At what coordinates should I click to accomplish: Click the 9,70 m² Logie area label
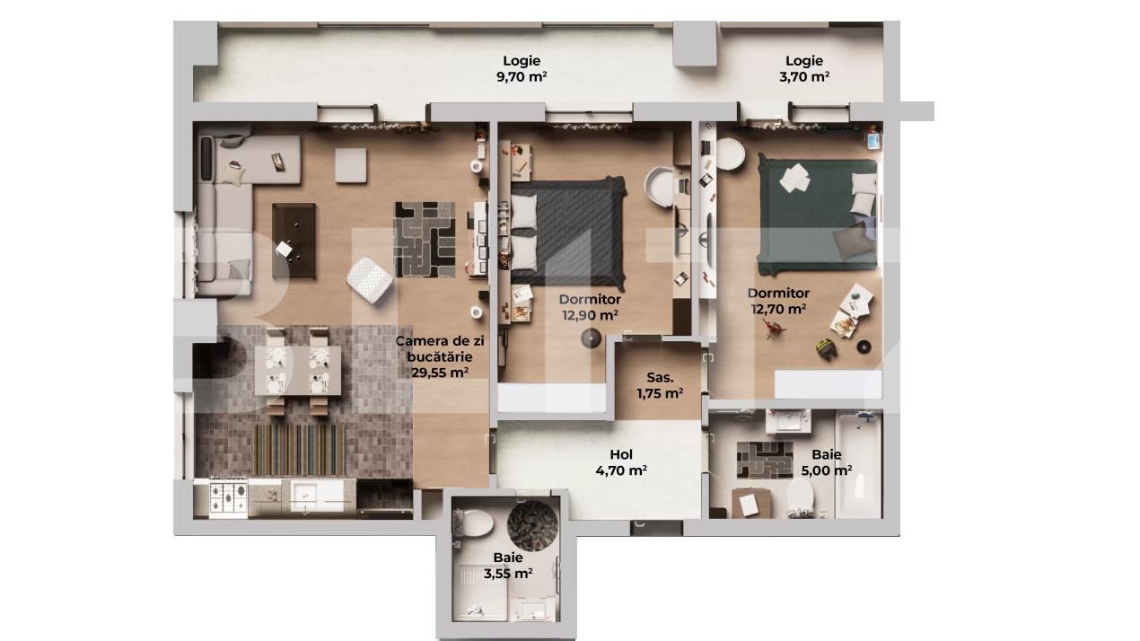point(522,69)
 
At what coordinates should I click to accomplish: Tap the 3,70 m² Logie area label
point(803,69)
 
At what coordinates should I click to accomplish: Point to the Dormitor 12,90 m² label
point(590,307)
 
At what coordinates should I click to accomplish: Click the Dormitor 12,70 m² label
point(778,301)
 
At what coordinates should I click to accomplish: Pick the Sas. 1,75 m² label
point(660,385)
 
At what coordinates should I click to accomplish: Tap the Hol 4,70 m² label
point(621,462)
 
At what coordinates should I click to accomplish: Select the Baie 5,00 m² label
point(826,462)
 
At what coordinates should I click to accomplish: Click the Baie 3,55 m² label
point(508,566)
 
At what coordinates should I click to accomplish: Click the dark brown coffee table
point(294,241)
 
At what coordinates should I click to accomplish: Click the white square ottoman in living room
point(350,164)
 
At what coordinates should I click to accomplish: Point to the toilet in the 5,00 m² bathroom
point(800,496)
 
